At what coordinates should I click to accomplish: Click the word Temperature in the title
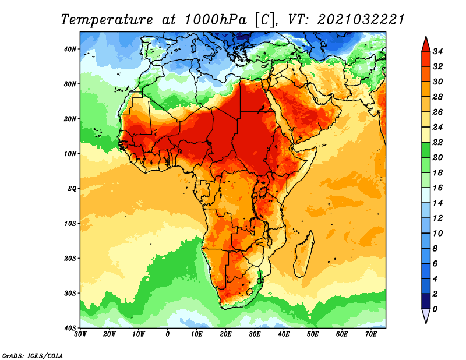[x=107, y=20]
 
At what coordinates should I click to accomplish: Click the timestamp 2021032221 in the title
[x=361, y=20]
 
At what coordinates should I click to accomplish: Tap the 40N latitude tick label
[x=70, y=49]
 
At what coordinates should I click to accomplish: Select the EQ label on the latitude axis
[x=72, y=189]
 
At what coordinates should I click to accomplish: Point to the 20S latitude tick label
[x=70, y=258]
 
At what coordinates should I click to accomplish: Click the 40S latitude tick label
[x=70, y=328]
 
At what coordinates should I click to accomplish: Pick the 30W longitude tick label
[x=80, y=334]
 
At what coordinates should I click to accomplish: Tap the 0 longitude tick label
[x=168, y=334]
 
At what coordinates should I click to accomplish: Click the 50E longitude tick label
[x=313, y=334]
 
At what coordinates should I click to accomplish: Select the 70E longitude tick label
[x=371, y=334]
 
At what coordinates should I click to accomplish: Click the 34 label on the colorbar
[x=437, y=51]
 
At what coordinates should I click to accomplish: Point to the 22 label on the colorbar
[x=437, y=142]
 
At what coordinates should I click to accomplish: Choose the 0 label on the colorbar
[x=435, y=309]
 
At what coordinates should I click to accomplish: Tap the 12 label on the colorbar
[x=437, y=218]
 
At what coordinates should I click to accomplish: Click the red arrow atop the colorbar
[x=426, y=44]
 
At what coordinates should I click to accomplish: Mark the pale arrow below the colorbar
[x=426, y=316]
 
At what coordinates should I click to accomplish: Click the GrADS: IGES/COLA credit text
[x=33, y=355]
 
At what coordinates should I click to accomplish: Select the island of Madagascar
[x=304, y=254]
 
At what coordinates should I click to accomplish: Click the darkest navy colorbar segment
[x=426, y=301]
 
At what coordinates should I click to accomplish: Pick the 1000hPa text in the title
[x=216, y=20]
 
